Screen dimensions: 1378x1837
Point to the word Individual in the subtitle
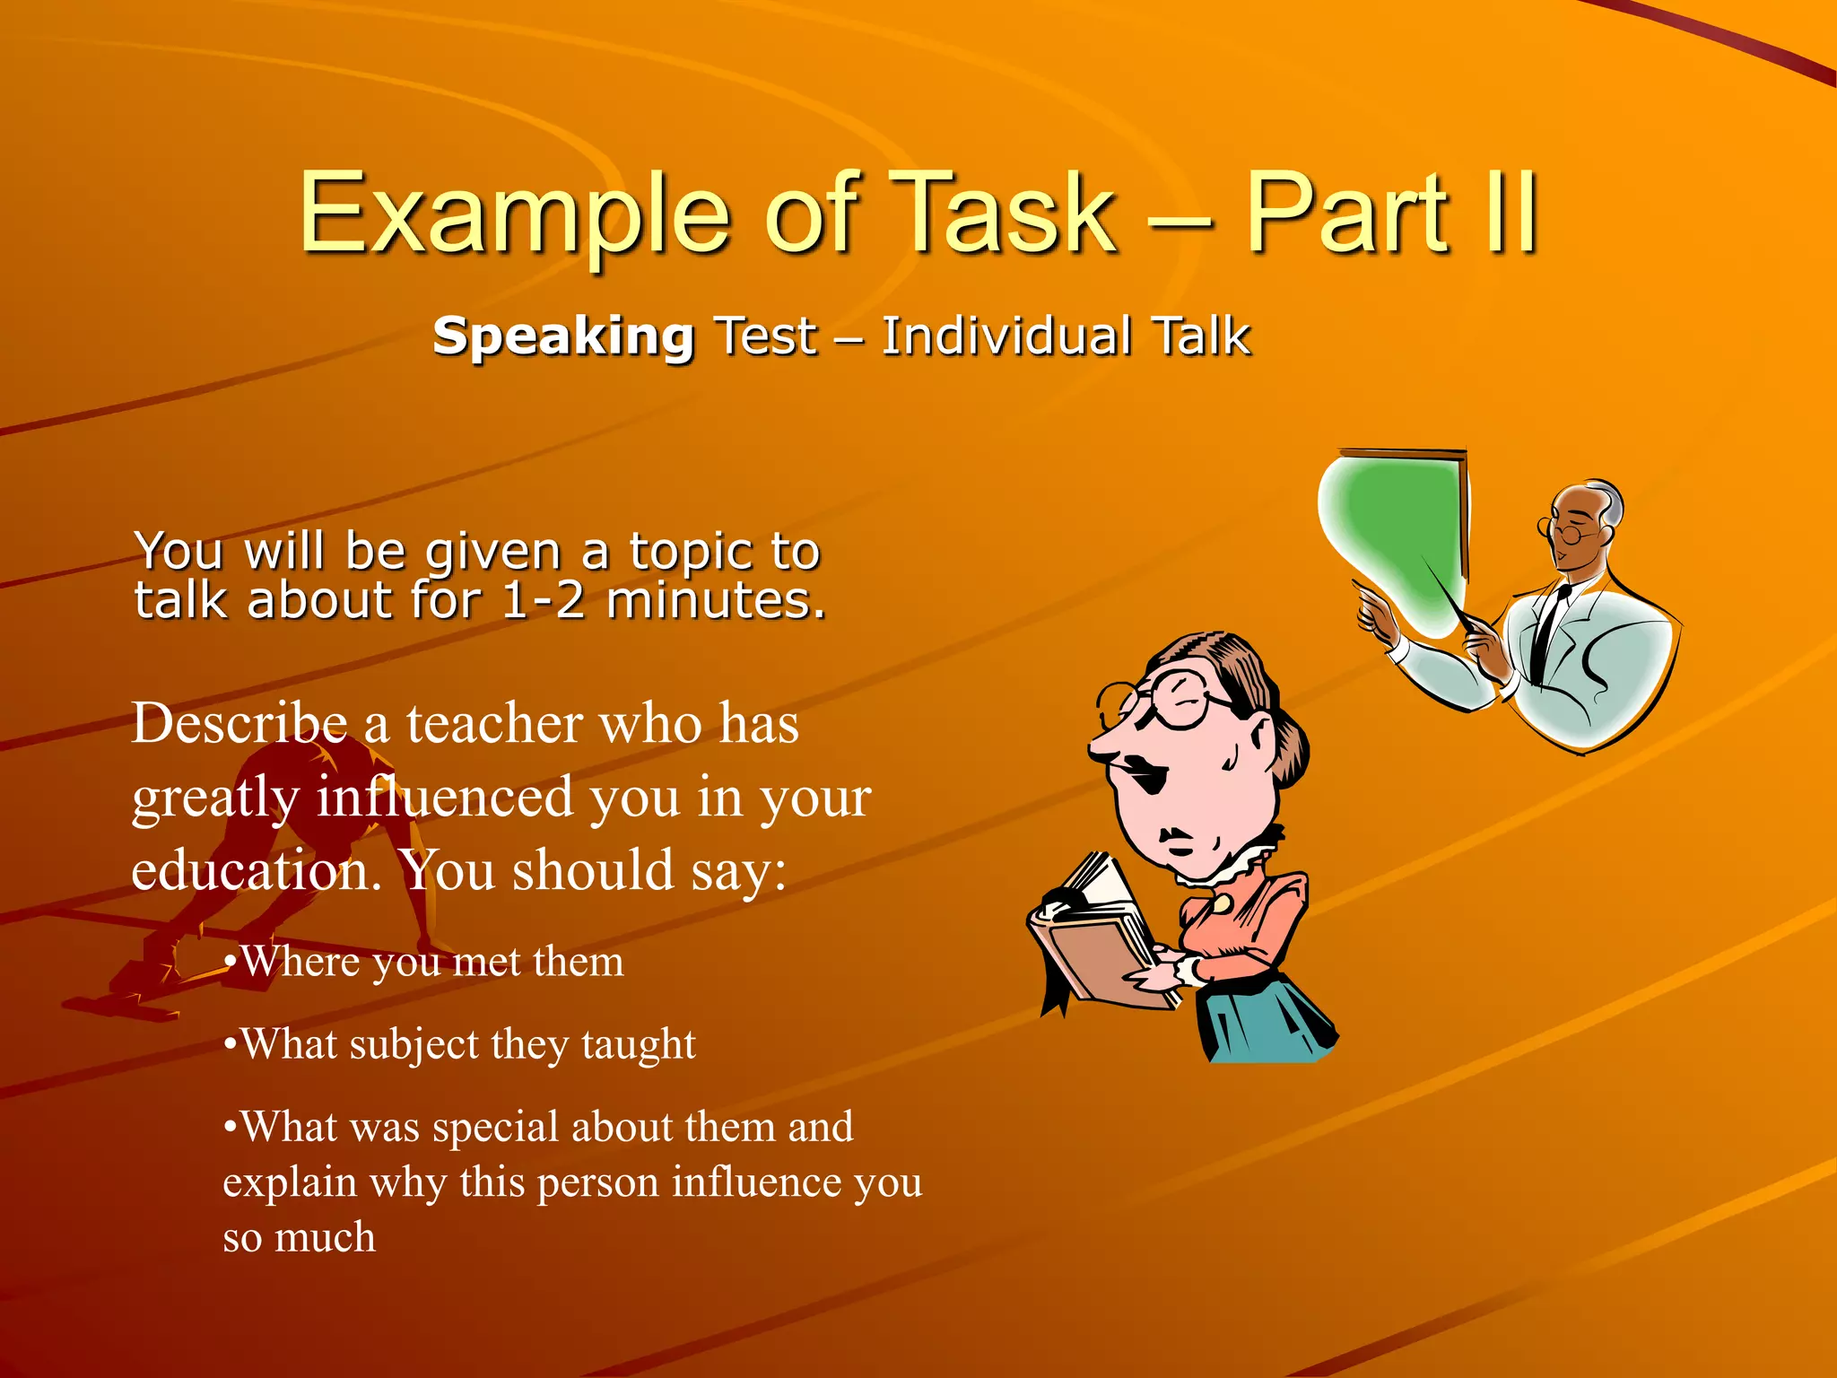(x=1006, y=336)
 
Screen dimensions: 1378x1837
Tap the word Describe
(x=239, y=723)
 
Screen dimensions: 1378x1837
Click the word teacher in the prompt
(x=494, y=725)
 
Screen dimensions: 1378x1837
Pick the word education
(x=257, y=870)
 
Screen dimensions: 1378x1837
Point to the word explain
(x=289, y=1182)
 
